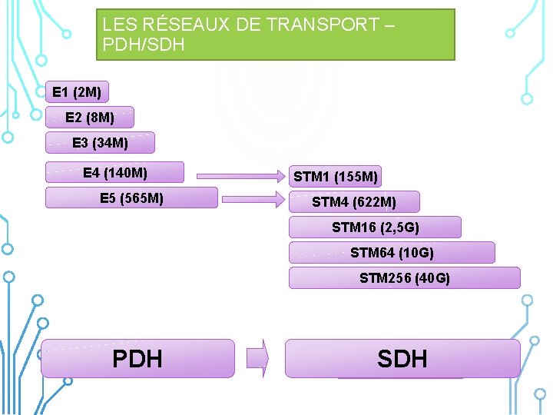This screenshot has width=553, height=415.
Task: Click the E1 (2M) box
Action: [77, 92]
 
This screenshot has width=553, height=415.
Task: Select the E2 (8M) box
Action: [90, 117]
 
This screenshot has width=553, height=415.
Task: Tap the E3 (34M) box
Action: [100, 142]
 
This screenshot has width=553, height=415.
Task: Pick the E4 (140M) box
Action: [115, 171]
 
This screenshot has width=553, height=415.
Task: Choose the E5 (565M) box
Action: [131, 198]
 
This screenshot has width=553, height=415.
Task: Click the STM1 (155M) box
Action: [335, 177]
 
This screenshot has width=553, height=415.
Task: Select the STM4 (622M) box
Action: [354, 202]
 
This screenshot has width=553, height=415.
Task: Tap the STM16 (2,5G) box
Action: [375, 227]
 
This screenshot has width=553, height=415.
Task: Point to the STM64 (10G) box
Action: [392, 252]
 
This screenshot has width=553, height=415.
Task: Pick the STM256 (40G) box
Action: [404, 277]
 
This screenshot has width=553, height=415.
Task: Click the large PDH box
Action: [137, 358]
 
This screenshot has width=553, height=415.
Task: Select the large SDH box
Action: [402, 358]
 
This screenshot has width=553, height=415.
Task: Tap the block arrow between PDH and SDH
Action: [258, 358]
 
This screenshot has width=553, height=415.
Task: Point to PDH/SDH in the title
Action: [144, 45]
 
